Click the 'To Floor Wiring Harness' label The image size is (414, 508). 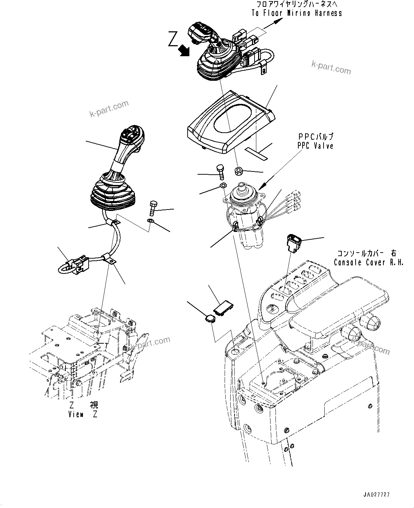pos(296,13)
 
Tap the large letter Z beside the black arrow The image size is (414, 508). pos(174,41)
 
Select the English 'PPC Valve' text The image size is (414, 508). pos(315,146)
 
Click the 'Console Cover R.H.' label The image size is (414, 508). pos(369,262)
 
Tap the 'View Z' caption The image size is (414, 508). pos(83,414)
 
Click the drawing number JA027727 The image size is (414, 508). pos(377,495)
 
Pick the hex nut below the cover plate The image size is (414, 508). pos(239,172)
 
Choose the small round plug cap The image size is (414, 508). pos(210,318)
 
